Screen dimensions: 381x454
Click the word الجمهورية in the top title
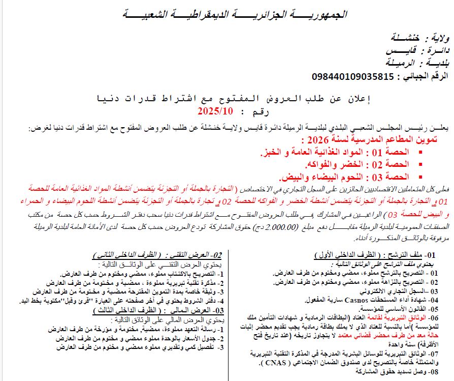tap(319, 14)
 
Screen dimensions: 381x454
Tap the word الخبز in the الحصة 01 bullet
tap(270, 153)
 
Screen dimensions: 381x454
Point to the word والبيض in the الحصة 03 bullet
tap(295, 177)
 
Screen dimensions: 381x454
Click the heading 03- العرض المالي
tap(193, 309)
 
